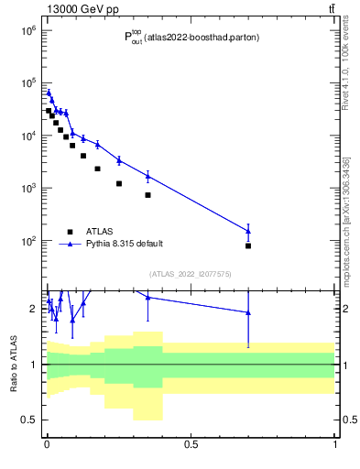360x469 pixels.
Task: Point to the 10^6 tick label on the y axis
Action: click(x=26, y=30)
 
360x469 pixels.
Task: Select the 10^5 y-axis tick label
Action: click(x=26, y=83)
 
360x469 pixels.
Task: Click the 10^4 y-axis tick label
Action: click(x=26, y=136)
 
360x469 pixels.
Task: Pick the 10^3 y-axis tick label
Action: click(x=26, y=189)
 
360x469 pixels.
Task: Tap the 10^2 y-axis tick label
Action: click(x=26, y=241)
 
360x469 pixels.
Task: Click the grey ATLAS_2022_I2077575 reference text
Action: click(x=191, y=274)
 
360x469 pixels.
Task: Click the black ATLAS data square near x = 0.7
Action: click(x=248, y=246)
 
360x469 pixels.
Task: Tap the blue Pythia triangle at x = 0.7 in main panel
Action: click(x=248, y=231)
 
